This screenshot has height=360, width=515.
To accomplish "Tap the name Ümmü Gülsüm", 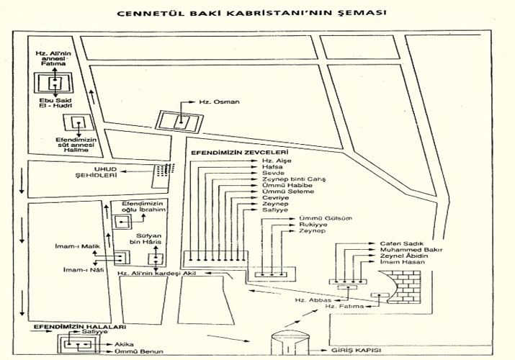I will point(318,217).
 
